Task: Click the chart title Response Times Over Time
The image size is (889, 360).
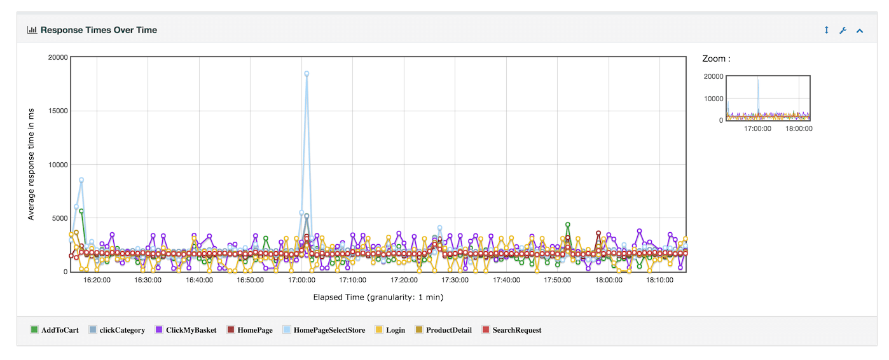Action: click(x=99, y=30)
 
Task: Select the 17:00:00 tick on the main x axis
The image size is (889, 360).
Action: click(x=301, y=280)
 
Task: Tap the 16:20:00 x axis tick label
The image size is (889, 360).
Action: click(x=97, y=280)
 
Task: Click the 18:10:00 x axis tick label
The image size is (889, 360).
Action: click(x=660, y=280)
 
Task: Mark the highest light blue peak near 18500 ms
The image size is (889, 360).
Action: click(x=307, y=74)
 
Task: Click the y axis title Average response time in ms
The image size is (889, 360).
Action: click(x=31, y=164)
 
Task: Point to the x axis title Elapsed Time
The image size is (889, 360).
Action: click(x=378, y=297)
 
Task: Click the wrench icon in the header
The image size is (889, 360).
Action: click(x=843, y=30)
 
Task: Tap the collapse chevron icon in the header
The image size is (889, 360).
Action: click(x=860, y=30)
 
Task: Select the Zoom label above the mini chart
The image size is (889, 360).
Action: click(x=716, y=59)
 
